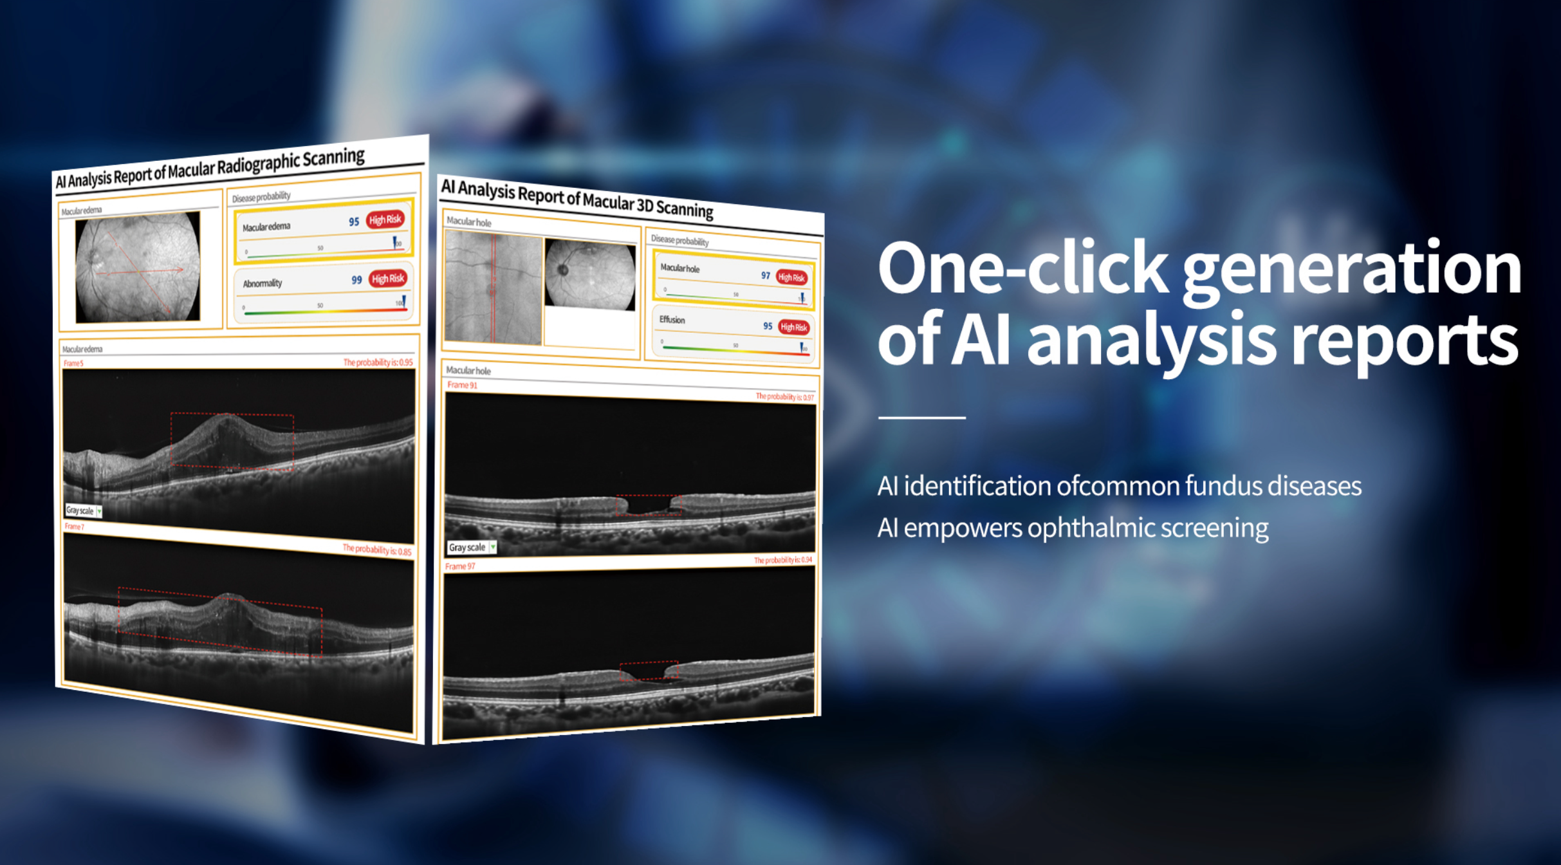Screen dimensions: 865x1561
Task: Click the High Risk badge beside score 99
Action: click(388, 279)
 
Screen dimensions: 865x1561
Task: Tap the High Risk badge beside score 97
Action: click(791, 277)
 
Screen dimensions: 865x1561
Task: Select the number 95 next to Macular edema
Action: click(353, 222)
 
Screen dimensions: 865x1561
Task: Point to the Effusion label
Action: click(672, 320)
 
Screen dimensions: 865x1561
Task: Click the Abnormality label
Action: click(262, 283)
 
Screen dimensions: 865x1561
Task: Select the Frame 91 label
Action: click(462, 385)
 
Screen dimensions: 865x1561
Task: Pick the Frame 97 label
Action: click(459, 566)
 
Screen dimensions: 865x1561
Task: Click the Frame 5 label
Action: click(73, 364)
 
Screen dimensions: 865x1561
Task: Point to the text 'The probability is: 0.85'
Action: click(376, 550)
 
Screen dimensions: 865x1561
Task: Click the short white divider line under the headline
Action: click(921, 418)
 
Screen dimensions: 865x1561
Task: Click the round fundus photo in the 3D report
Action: click(589, 274)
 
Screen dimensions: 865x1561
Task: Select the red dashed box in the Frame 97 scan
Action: click(649, 671)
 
